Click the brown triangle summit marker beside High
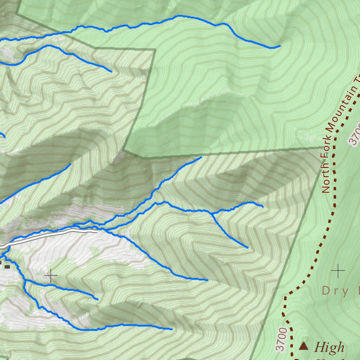(x=303, y=346)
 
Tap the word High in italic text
(x=329, y=347)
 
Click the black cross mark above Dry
(x=338, y=271)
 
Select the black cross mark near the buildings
(x=51, y=276)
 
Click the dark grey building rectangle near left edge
(x=7, y=267)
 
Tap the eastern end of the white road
(x=96, y=232)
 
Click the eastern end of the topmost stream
(x=280, y=46)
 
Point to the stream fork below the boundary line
(x=211, y=213)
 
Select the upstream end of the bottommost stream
(x=172, y=329)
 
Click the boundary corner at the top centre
(x=155, y=50)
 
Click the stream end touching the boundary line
(x=201, y=157)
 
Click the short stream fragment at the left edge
(x=3, y=135)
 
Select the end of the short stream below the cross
(x=97, y=300)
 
